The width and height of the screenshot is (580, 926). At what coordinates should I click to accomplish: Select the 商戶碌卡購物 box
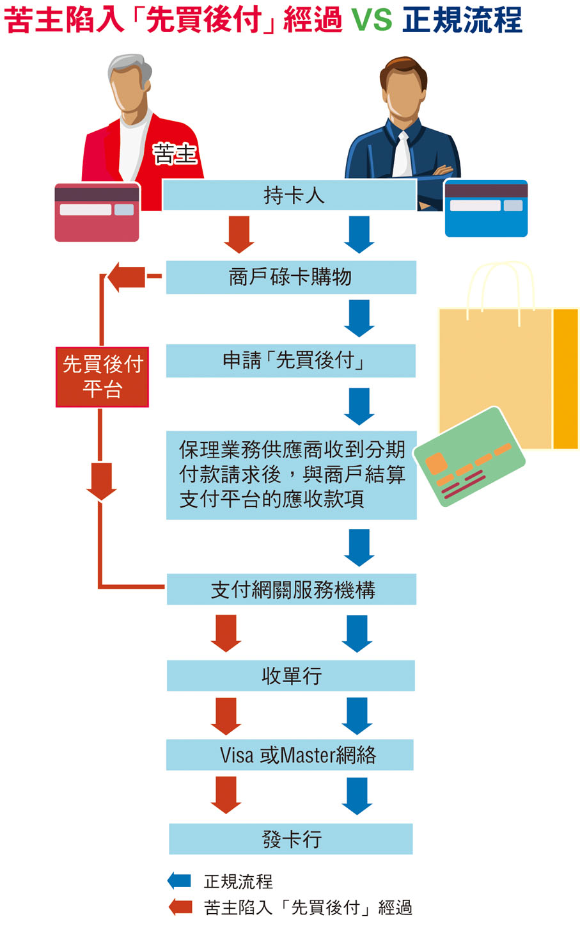(291, 277)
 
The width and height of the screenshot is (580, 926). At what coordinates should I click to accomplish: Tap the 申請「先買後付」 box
(291, 360)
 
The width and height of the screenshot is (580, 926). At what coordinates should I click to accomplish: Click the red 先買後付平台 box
(102, 377)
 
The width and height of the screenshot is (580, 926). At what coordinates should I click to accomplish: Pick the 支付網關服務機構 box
(291, 589)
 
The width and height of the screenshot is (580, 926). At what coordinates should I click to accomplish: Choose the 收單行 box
(291, 676)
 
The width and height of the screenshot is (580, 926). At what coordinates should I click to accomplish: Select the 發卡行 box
(291, 839)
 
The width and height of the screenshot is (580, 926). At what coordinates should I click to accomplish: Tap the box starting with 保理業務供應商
(291, 475)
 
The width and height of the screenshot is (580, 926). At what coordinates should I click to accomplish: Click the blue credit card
(486, 209)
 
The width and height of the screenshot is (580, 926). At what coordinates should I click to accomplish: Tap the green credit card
(469, 456)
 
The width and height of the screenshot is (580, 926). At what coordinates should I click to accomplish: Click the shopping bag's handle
(500, 282)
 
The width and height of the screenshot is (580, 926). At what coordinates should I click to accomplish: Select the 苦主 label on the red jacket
(174, 154)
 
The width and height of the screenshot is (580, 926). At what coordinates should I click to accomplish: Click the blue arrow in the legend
(180, 881)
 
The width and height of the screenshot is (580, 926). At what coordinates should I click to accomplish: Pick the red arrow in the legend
(180, 907)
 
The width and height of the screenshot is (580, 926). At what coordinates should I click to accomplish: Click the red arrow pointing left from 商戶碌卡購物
(127, 277)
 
